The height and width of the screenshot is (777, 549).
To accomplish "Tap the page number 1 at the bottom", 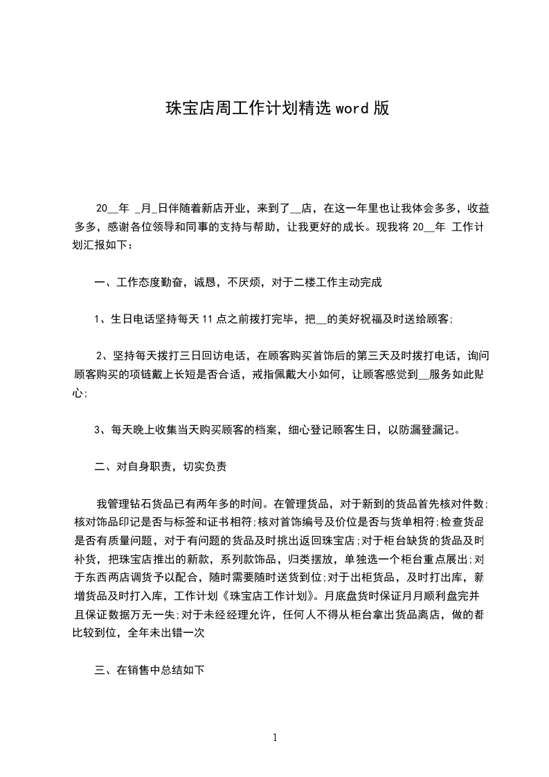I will [275, 738].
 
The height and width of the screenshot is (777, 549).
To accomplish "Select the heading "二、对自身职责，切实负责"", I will [161, 467].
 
